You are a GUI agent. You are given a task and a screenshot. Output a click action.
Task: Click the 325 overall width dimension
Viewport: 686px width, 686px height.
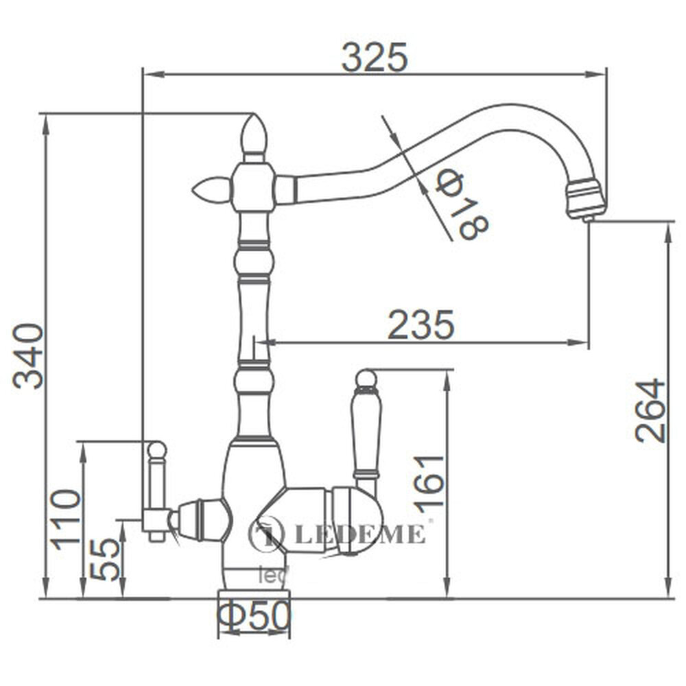click(x=375, y=57)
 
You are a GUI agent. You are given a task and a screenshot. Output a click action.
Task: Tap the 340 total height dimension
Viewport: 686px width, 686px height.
click(x=29, y=355)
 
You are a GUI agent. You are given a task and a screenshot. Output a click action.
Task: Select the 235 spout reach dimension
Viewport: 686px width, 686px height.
click(x=421, y=324)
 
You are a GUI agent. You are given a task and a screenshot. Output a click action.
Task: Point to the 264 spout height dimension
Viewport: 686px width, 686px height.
click(x=650, y=410)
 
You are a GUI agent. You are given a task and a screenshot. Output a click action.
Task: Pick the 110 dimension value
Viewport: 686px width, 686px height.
click(x=67, y=519)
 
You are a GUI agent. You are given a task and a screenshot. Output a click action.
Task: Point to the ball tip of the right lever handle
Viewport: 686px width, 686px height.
click(x=366, y=378)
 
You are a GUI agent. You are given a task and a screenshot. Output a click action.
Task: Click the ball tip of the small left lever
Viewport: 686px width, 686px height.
click(x=157, y=450)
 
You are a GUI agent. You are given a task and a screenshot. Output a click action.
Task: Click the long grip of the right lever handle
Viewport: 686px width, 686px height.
click(x=366, y=429)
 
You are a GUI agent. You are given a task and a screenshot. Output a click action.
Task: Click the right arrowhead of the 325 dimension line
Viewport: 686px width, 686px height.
click(x=601, y=73)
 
